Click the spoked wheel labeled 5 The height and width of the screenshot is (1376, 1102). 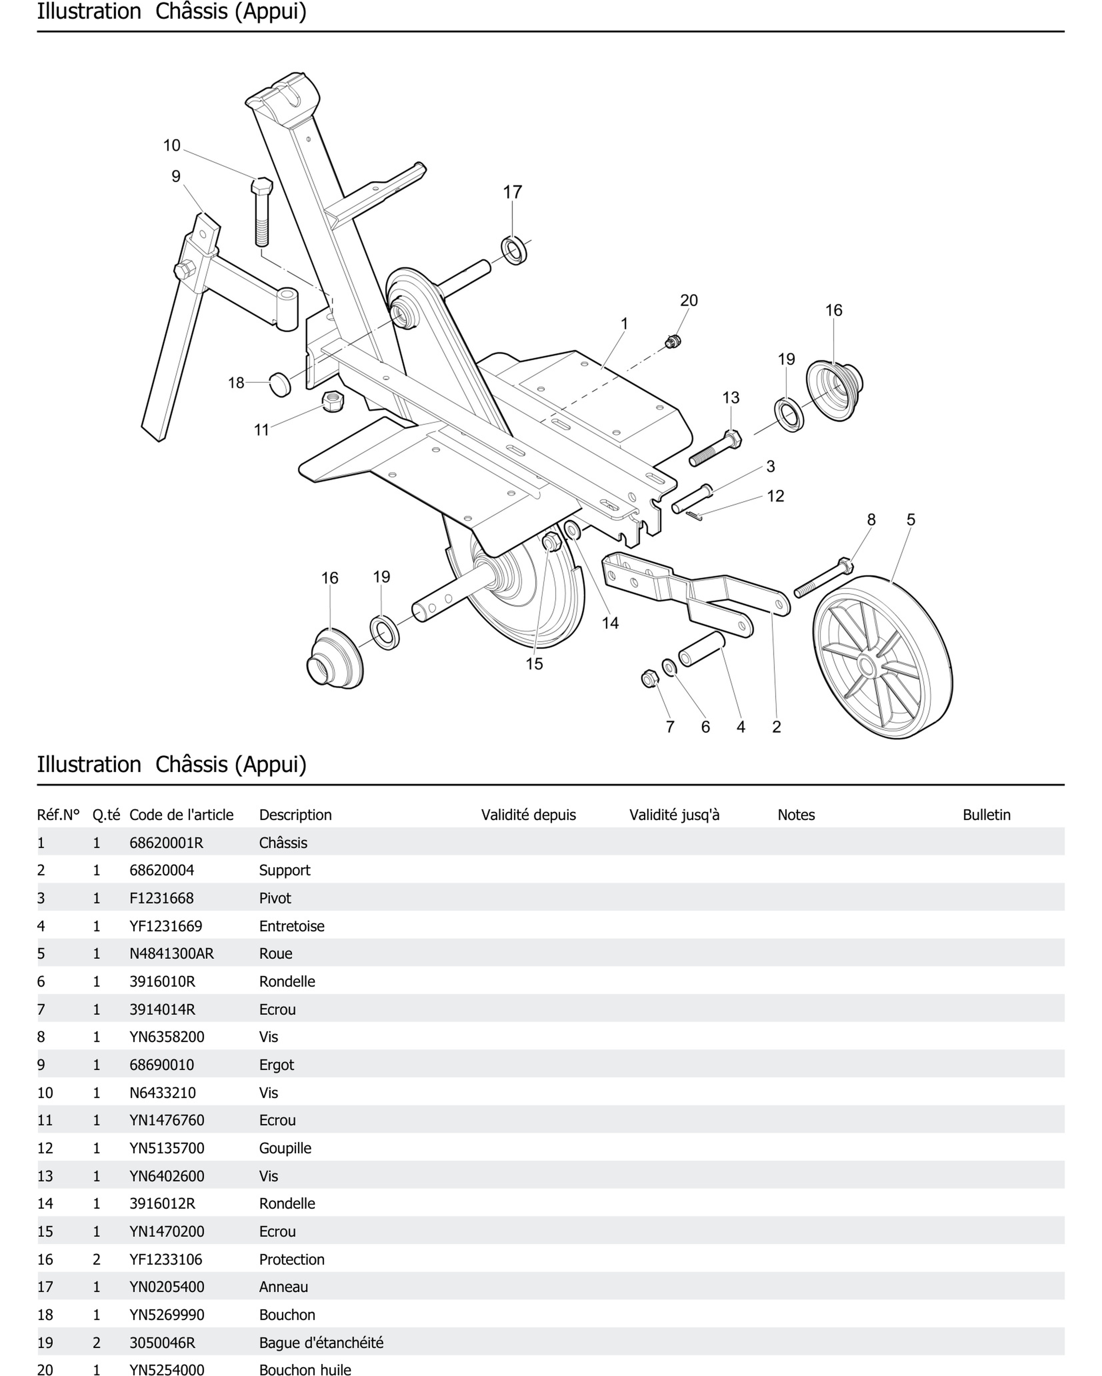tap(882, 657)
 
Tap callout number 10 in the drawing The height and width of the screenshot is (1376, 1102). tap(172, 146)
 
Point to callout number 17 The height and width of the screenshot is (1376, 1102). tap(512, 192)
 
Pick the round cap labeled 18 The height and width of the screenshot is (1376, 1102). tap(280, 384)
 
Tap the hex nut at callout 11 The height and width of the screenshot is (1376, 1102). tap(332, 401)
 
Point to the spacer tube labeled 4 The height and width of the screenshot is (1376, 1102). tap(701, 649)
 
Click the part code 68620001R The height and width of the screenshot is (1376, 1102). tap(166, 842)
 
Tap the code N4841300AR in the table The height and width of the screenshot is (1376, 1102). tap(172, 953)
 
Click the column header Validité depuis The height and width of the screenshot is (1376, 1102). tap(528, 815)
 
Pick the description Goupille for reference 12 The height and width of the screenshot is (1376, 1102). tap(285, 1148)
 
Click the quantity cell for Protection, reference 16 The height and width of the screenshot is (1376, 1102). tap(96, 1259)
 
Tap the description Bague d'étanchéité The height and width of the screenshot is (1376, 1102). tap(321, 1343)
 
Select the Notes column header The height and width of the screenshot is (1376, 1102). tap(796, 815)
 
